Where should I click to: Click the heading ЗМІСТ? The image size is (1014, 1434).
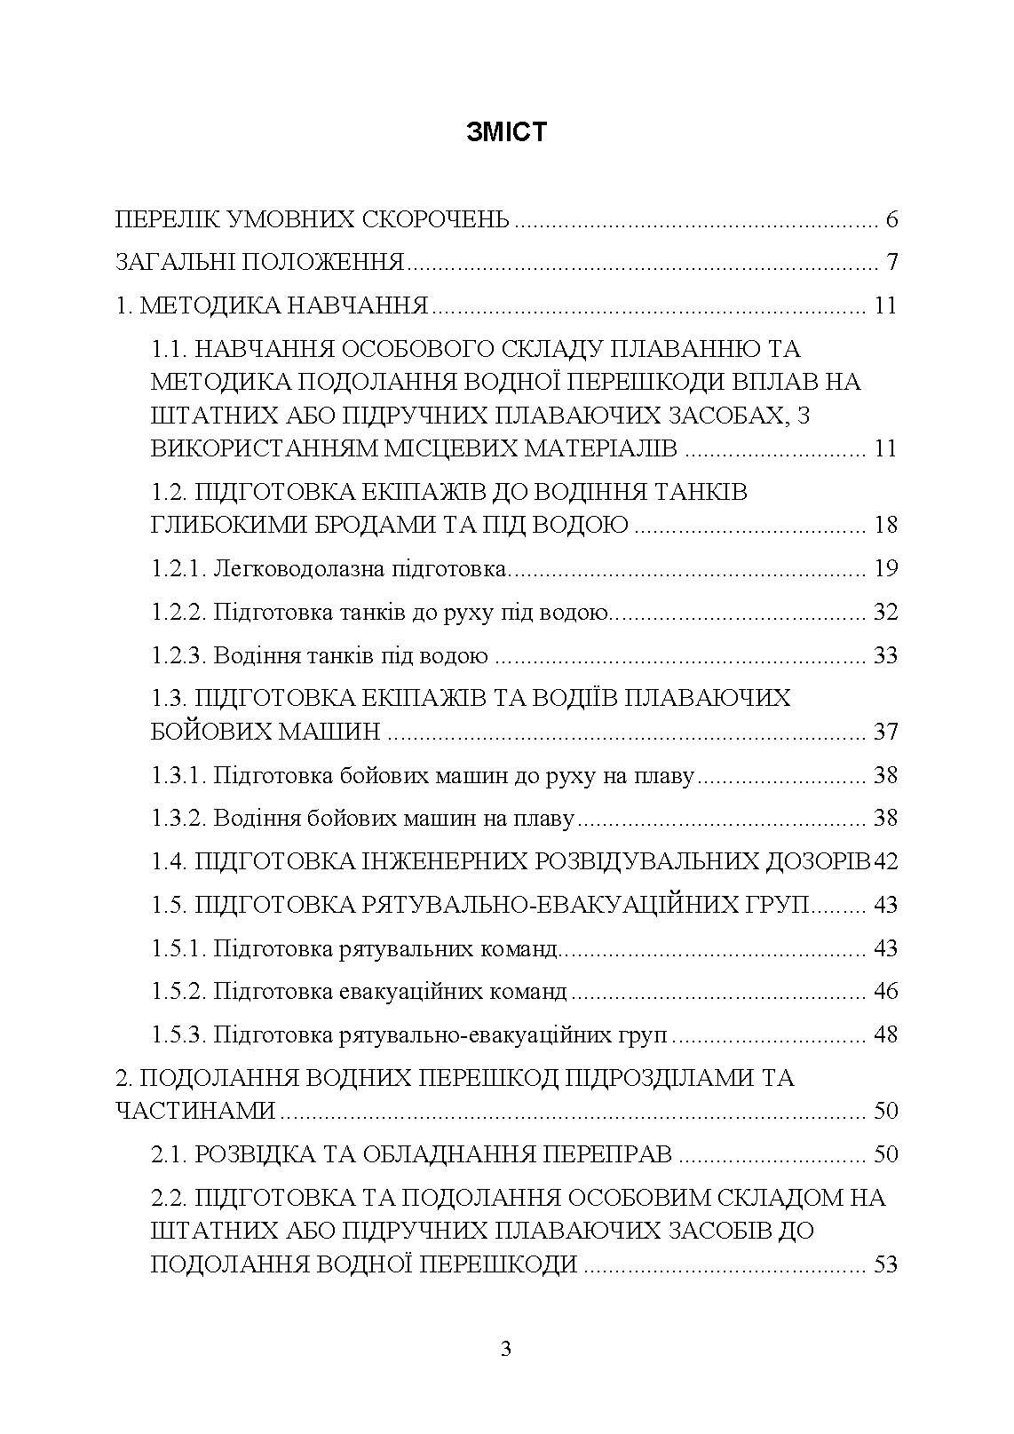click(x=506, y=133)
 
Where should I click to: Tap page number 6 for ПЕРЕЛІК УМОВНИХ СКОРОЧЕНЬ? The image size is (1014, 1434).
click(x=892, y=219)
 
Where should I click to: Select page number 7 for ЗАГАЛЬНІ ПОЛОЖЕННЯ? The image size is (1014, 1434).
click(x=892, y=263)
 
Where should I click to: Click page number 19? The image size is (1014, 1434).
click(x=886, y=568)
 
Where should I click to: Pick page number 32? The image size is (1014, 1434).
click(x=886, y=612)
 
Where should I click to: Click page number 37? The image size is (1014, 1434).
click(x=886, y=733)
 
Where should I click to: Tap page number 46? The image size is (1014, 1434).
click(x=886, y=991)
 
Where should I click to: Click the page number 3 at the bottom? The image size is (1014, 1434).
click(x=506, y=1350)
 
